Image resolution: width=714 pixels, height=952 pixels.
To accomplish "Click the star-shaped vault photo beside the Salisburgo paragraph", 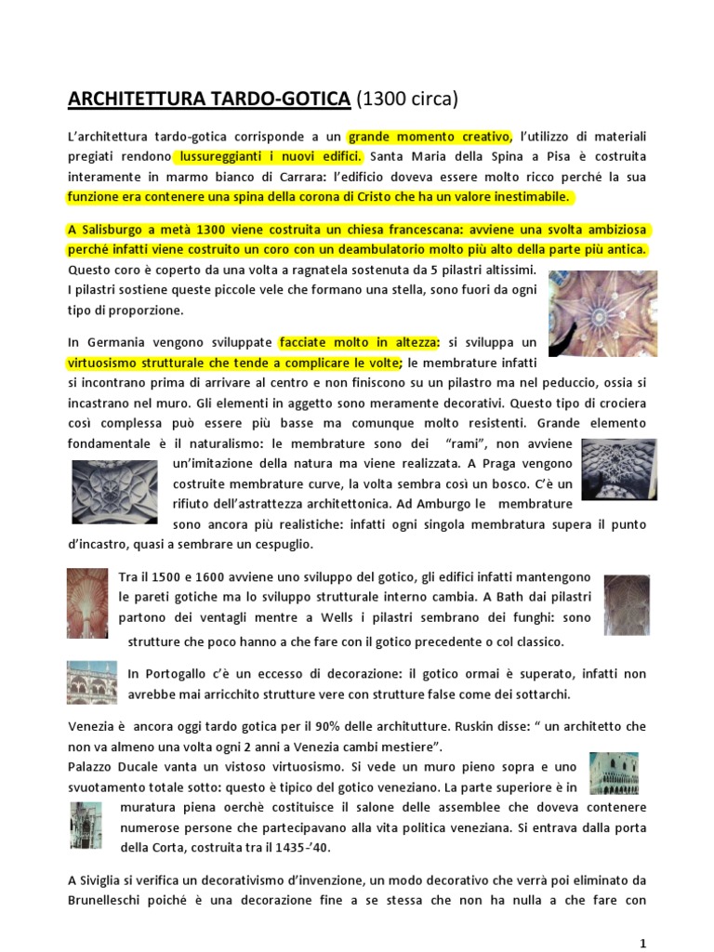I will pyautogui.click(x=602, y=313).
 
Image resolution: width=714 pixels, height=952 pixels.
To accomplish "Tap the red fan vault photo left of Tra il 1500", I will pyautogui.click(x=86, y=603).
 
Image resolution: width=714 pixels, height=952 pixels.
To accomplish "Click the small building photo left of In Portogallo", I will pyautogui.click(x=91, y=682).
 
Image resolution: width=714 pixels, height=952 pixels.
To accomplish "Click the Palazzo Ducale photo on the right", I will pyautogui.click(x=614, y=773).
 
